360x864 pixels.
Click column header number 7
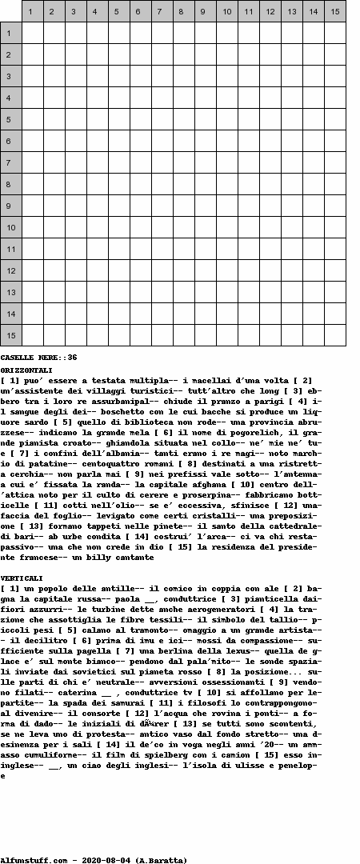click(x=162, y=11)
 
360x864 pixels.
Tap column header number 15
click(x=335, y=11)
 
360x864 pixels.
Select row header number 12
click(x=11, y=270)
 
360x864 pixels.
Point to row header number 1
click(x=11, y=33)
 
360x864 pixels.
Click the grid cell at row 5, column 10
click(x=226, y=119)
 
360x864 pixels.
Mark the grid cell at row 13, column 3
click(x=75, y=292)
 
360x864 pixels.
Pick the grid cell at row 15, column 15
click(x=335, y=335)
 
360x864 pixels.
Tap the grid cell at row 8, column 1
click(x=32, y=184)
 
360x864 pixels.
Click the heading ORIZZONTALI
click(x=26, y=370)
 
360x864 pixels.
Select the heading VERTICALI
click(x=22, y=578)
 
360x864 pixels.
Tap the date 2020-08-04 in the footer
click(x=105, y=860)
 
